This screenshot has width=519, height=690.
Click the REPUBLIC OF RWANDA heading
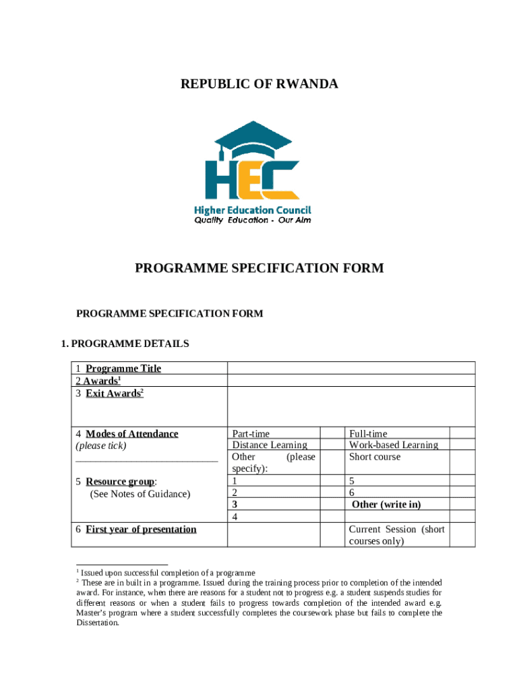pyautogui.click(x=259, y=84)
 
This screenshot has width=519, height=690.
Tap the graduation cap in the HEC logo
pyautogui.click(x=253, y=139)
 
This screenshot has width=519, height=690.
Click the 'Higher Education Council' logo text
pyautogui.click(x=252, y=210)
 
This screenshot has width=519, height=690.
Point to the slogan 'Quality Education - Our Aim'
pyautogui.click(x=253, y=220)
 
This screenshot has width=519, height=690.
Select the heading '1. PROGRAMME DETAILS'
pyautogui.click(x=125, y=344)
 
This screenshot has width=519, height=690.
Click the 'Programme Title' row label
pyautogui.click(x=123, y=369)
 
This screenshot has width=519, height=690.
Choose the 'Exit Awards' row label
pyautogui.click(x=114, y=394)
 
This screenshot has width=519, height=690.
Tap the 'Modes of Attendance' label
pyautogui.click(x=131, y=434)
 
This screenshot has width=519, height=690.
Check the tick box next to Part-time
pyautogui.click(x=331, y=434)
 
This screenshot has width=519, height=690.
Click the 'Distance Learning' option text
pyautogui.click(x=270, y=445)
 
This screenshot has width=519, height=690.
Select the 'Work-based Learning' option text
pyautogui.click(x=393, y=445)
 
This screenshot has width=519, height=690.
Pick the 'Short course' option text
pyautogui.click(x=374, y=457)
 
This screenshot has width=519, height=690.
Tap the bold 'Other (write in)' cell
pyautogui.click(x=386, y=505)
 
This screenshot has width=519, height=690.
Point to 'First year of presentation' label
pyautogui.click(x=141, y=530)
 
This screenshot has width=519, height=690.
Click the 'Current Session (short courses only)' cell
pyautogui.click(x=396, y=535)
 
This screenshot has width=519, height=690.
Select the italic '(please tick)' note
pyautogui.click(x=101, y=446)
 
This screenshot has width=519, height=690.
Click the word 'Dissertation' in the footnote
pyautogui.click(x=98, y=623)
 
